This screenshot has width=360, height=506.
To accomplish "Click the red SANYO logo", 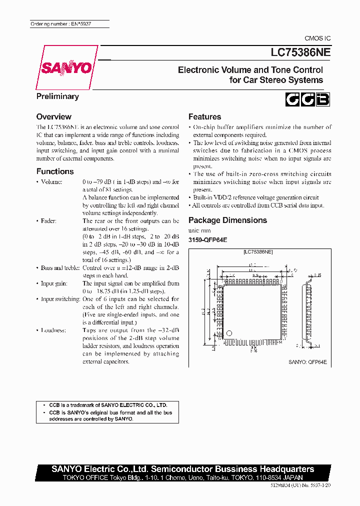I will click(64, 67).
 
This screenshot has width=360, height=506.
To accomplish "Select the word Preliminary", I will click(57, 96).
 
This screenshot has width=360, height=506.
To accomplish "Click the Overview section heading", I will click(53, 116).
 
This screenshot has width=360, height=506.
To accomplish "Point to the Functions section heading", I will click(55, 171).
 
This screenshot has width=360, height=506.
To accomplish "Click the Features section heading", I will click(204, 116).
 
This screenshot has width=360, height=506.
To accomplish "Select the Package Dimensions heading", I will click(227, 220).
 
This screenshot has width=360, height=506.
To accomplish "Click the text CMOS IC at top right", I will click(317, 38).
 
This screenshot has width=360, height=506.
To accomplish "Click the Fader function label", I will click(48, 221).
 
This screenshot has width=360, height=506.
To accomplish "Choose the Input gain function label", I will click(54, 283).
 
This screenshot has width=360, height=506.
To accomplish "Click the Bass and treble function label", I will click(60, 268).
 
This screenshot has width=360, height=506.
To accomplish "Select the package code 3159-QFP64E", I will click(207, 239).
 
